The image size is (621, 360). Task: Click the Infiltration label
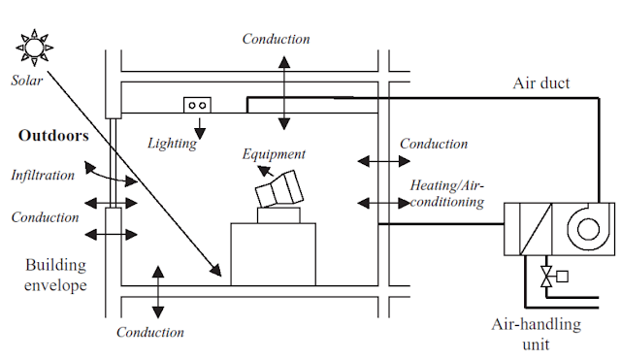click(x=42, y=177)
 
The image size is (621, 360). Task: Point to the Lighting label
click(x=172, y=144)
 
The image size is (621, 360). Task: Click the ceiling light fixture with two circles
click(x=198, y=105)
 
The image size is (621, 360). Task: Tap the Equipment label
click(x=275, y=153)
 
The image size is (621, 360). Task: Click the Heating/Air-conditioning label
click(x=446, y=192)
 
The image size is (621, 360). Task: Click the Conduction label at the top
click(x=276, y=40)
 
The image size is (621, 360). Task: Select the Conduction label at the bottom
click(x=149, y=333)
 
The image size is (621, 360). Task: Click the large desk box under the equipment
click(x=274, y=253)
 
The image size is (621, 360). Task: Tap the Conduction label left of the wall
click(x=44, y=217)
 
